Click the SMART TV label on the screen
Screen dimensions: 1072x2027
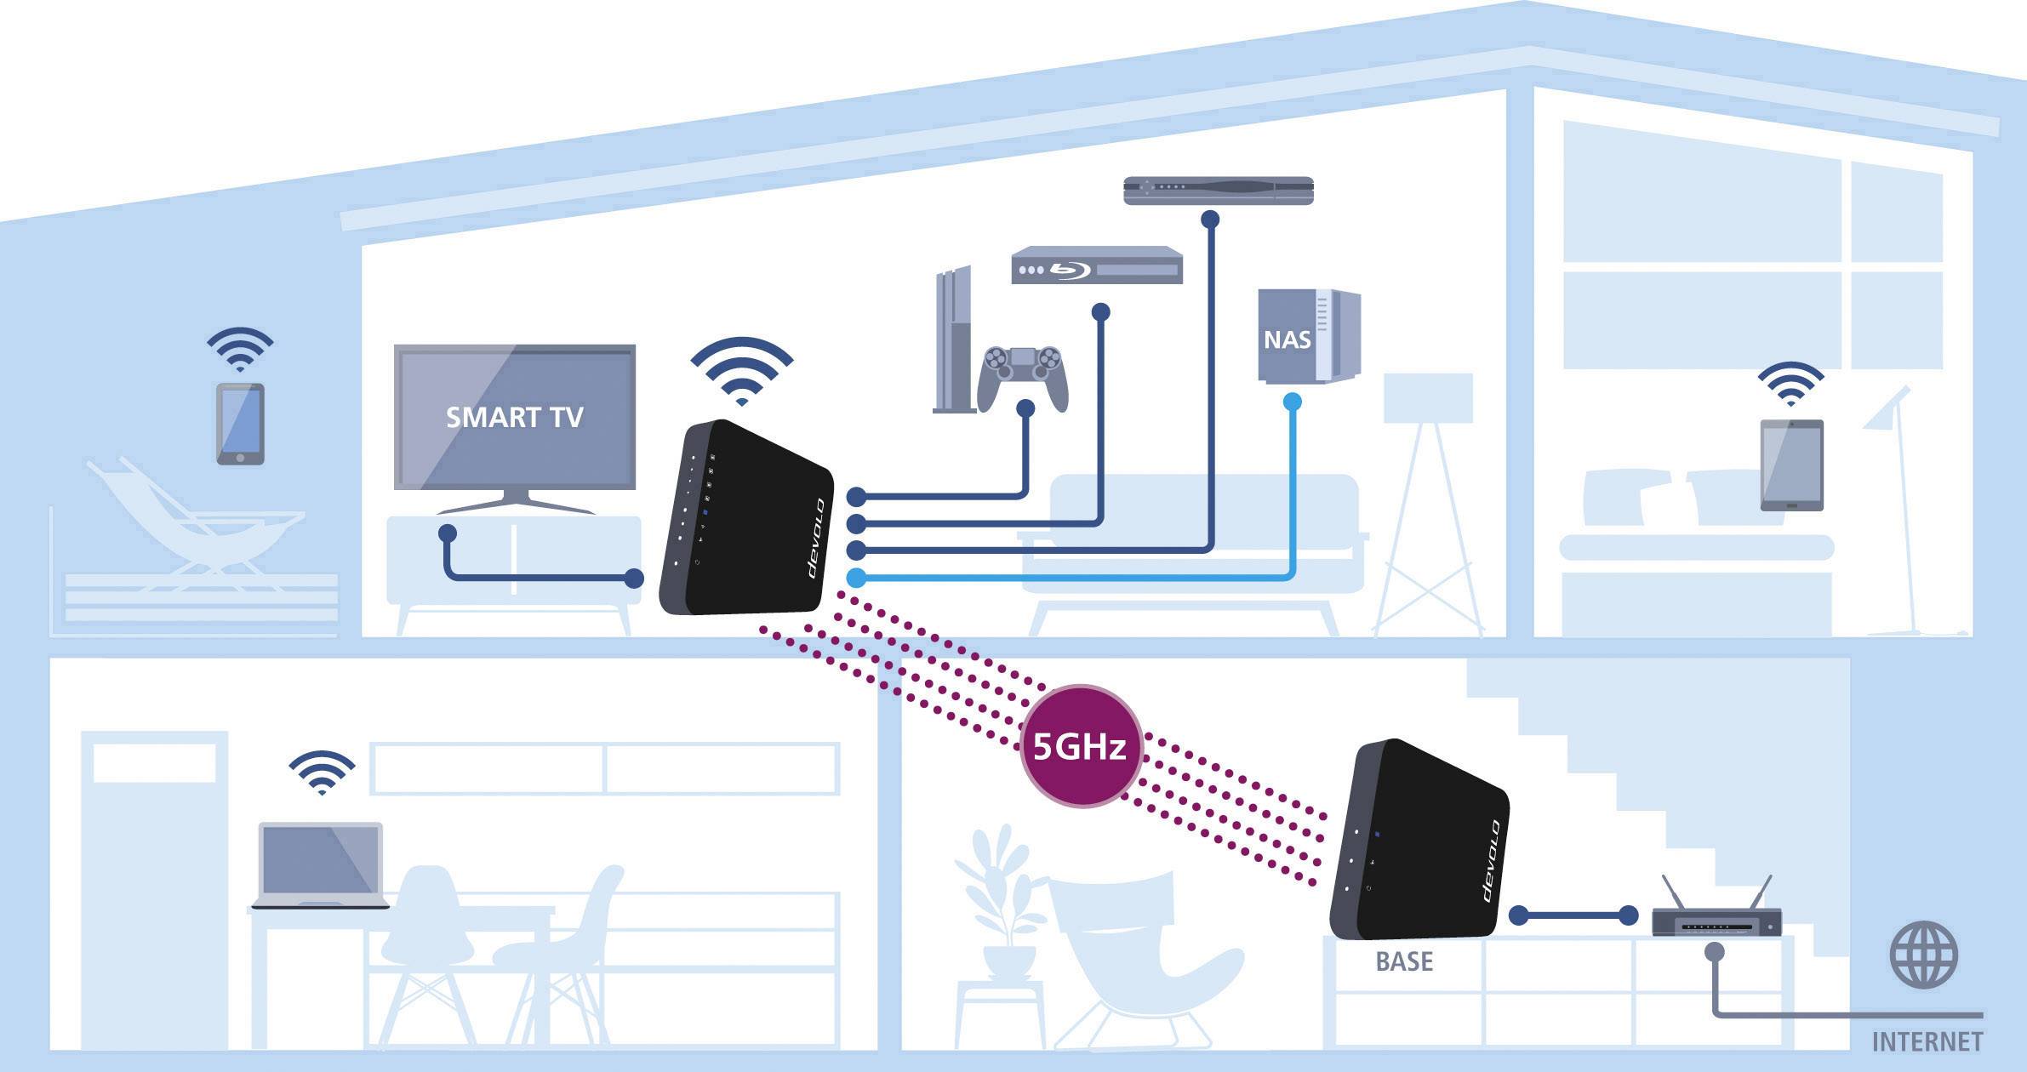pyautogui.click(x=515, y=417)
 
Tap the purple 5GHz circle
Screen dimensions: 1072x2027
pyautogui.click(x=1080, y=746)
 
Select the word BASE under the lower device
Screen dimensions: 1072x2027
pyautogui.click(x=1404, y=961)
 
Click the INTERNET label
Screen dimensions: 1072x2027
pyautogui.click(x=1927, y=1041)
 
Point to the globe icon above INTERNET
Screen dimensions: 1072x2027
pyautogui.click(x=1923, y=955)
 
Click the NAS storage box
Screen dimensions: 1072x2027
pyautogui.click(x=1308, y=337)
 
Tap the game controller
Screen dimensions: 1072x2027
pyautogui.click(x=1023, y=374)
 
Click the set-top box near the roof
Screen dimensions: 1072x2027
pyautogui.click(x=1218, y=191)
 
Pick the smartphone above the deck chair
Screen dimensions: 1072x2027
pyautogui.click(x=240, y=424)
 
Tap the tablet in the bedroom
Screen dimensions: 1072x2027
pyautogui.click(x=1791, y=465)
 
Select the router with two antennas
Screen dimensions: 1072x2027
pyautogui.click(x=1716, y=917)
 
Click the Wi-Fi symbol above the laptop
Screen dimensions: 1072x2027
pyautogui.click(x=322, y=772)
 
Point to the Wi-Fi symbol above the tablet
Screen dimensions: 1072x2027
pyautogui.click(x=1790, y=384)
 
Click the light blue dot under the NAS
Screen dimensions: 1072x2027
pyautogui.click(x=1292, y=402)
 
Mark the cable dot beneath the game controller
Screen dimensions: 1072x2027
pyautogui.click(x=1025, y=408)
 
